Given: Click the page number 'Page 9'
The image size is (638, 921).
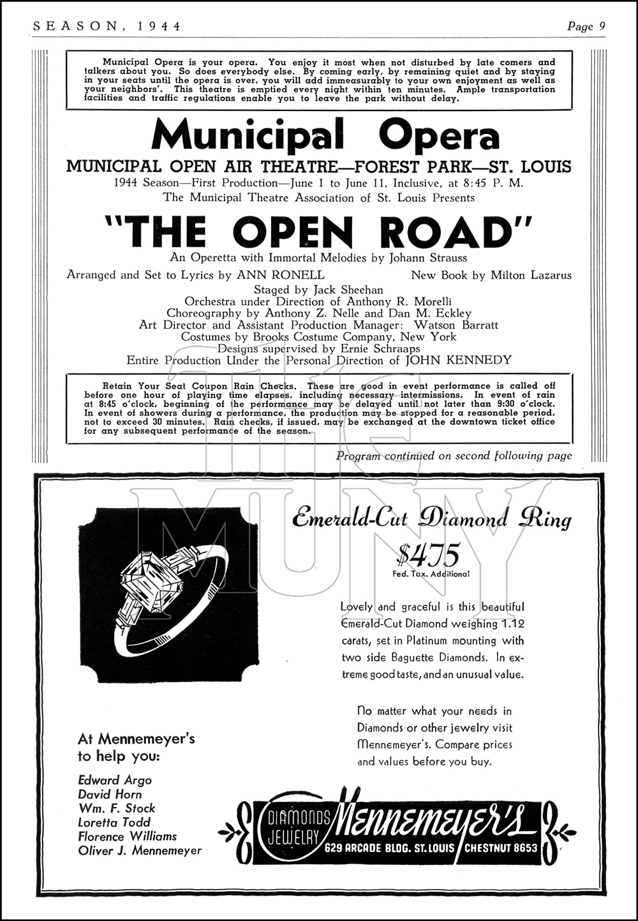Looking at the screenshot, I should pos(586,26).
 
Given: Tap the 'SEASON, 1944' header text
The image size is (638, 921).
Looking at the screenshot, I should pos(106,26).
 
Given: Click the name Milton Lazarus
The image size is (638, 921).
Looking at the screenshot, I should pos(531,275).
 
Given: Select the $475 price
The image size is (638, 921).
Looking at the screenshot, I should pos(427,555).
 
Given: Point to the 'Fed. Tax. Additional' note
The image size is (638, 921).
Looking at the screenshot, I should pos(431,574).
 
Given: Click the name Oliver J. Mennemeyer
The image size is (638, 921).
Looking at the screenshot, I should pos(140,850).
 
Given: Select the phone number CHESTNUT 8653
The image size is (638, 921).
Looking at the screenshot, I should pos(500,848).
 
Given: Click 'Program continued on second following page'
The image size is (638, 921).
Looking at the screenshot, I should pos(454,456).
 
